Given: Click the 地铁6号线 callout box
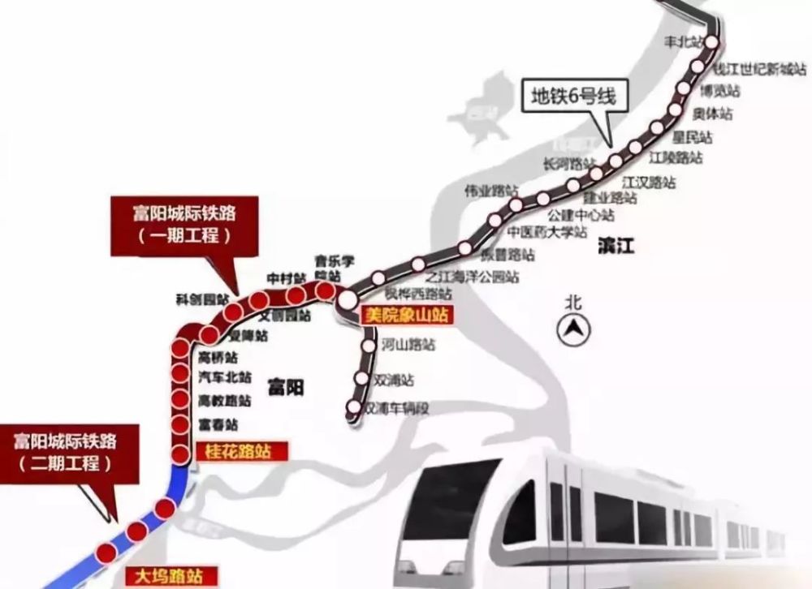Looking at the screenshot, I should (574, 96).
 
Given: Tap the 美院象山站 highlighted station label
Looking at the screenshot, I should (405, 315).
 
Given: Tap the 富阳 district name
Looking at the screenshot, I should (283, 388).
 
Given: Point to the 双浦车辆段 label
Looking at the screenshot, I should (398, 408).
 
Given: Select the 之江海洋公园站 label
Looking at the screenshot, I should (478, 277).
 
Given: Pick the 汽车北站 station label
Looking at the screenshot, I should (225, 376).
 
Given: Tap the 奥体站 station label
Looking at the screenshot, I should (715, 114).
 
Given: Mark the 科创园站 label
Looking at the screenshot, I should (199, 298).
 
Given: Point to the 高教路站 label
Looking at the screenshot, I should (225, 401).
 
